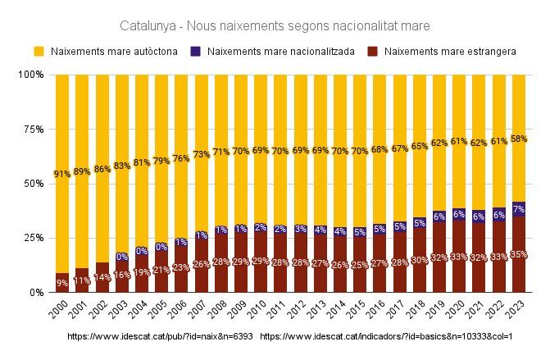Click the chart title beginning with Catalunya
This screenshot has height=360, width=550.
coord(275,26)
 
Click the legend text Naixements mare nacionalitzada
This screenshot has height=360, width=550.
coord(281,52)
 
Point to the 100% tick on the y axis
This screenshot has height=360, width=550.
coord(30,75)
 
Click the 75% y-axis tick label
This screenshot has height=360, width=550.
coord(33,129)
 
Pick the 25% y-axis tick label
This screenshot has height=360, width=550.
coord(33,238)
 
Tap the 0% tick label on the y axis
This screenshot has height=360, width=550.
coord(35,292)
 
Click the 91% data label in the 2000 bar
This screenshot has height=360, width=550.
coord(62,174)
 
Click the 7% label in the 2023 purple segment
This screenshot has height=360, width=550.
coord(518,210)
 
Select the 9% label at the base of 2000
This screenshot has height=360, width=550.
coord(62,283)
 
